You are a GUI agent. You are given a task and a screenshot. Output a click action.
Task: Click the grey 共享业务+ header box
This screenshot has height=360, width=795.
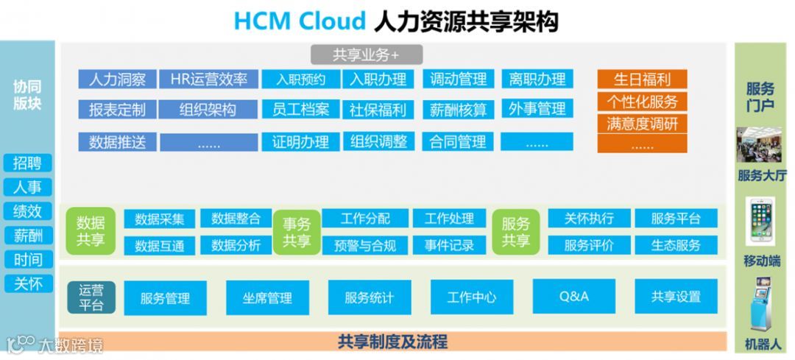[366, 54]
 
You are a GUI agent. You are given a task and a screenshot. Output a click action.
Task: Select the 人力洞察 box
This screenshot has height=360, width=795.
[117, 80]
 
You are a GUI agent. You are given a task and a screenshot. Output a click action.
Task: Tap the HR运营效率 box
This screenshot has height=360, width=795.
[209, 80]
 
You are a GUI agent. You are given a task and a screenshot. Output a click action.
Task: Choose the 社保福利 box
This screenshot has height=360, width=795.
[378, 110]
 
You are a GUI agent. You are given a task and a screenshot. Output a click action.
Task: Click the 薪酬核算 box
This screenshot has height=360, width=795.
[459, 110]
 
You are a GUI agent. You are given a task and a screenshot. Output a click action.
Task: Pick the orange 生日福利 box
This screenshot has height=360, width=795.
[642, 80]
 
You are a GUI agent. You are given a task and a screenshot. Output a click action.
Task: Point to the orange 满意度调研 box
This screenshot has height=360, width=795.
[642, 123]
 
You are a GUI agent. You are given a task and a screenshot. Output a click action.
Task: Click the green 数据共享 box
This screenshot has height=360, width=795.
[91, 231]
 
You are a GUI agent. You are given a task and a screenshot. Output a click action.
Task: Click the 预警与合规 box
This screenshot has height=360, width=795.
[365, 245]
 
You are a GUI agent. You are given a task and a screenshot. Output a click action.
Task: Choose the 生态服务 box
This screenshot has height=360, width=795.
[676, 245]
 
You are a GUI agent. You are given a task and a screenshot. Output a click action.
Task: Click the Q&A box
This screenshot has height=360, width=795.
[574, 297]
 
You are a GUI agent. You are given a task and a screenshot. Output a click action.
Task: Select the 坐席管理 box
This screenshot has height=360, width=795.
[267, 297]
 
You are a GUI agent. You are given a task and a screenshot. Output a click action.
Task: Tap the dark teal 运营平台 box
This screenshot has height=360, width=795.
[91, 297]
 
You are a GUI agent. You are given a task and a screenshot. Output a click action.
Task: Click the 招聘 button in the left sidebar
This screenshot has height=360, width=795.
[28, 163]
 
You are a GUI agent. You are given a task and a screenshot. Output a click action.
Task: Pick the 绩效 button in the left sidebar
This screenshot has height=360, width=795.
[28, 212]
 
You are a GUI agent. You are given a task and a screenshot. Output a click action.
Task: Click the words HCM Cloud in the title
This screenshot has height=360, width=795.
[299, 21]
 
